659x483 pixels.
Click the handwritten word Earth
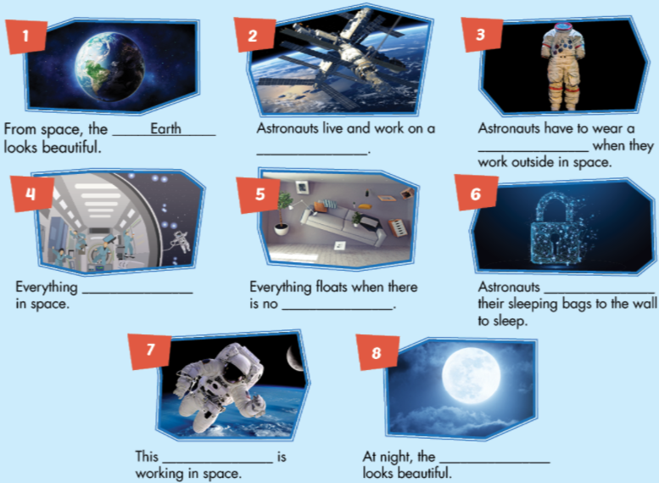click(x=165, y=130)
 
